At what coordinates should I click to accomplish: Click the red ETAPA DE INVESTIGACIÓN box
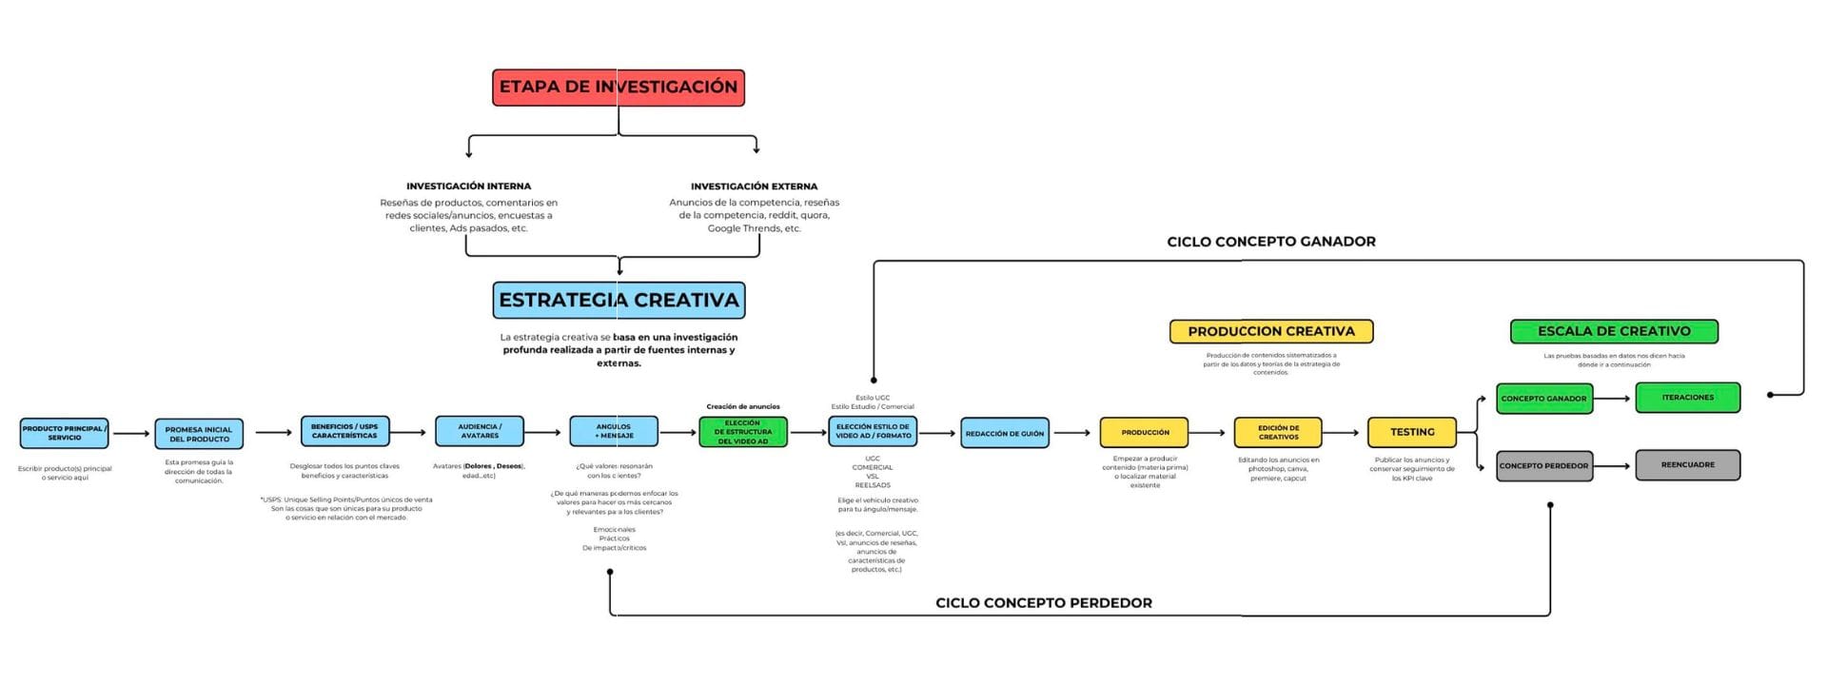tap(619, 87)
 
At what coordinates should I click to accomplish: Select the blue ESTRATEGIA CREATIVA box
tap(619, 300)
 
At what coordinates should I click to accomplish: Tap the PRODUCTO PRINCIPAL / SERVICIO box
tap(65, 433)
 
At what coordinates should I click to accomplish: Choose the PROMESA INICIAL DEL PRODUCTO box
tap(199, 434)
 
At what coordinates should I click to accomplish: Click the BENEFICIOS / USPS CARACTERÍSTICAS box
tap(344, 431)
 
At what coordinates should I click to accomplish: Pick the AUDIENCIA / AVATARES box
tap(480, 431)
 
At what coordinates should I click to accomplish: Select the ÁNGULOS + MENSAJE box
tap(614, 431)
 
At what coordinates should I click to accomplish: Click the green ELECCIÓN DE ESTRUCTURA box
tap(743, 432)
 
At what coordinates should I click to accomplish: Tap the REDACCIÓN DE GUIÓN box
tap(1005, 433)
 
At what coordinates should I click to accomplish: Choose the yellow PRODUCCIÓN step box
tap(1145, 432)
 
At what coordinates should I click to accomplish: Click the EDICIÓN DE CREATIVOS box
tap(1278, 432)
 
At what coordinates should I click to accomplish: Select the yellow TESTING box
tap(1412, 432)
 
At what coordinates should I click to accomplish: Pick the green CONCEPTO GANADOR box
tap(1543, 399)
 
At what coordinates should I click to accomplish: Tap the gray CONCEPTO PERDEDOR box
tap(1543, 466)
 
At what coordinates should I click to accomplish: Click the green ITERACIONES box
tap(1687, 398)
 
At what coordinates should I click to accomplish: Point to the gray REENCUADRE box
tap(1687, 465)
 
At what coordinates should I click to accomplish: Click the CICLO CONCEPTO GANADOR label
tap(1271, 242)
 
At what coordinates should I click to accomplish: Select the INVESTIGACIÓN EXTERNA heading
tap(754, 186)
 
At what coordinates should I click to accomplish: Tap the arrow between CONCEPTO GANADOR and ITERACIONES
tap(1614, 399)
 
